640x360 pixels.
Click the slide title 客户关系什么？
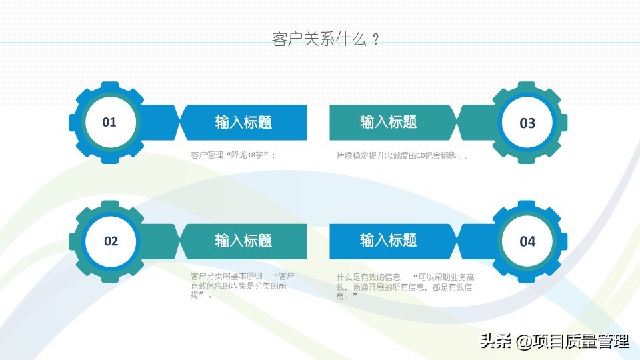pyautogui.click(x=326, y=39)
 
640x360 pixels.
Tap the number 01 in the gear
pyautogui.click(x=109, y=122)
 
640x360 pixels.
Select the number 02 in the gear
pyautogui.click(x=111, y=241)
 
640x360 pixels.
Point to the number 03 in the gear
pyautogui.click(x=527, y=123)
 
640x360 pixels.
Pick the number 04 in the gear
pyautogui.click(x=527, y=241)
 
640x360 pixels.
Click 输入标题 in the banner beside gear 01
pyautogui.click(x=243, y=122)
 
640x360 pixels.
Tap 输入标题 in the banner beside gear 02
pyautogui.click(x=243, y=241)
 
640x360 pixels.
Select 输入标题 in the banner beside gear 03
pyautogui.click(x=388, y=121)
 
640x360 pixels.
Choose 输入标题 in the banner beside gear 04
pyautogui.click(x=388, y=240)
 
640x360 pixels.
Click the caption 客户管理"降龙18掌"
pyautogui.click(x=233, y=155)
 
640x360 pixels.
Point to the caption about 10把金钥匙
pyautogui.click(x=403, y=155)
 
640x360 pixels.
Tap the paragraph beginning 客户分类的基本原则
pyautogui.click(x=243, y=286)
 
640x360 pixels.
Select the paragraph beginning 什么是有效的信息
pyautogui.click(x=405, y=287)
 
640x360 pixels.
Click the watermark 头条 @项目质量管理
pyautogui.click(x=555, y=341)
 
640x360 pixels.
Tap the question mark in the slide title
pyautogui.click(x=376, y=39)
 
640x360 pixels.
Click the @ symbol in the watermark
pyautogui.click(x=524, y=341)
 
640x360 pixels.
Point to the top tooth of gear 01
pyautogui.click(x=110, y=86)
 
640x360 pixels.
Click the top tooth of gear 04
pyautogui.click(x=527, y=205)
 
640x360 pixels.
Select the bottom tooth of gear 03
pyautogui.click(x=527, y=159)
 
